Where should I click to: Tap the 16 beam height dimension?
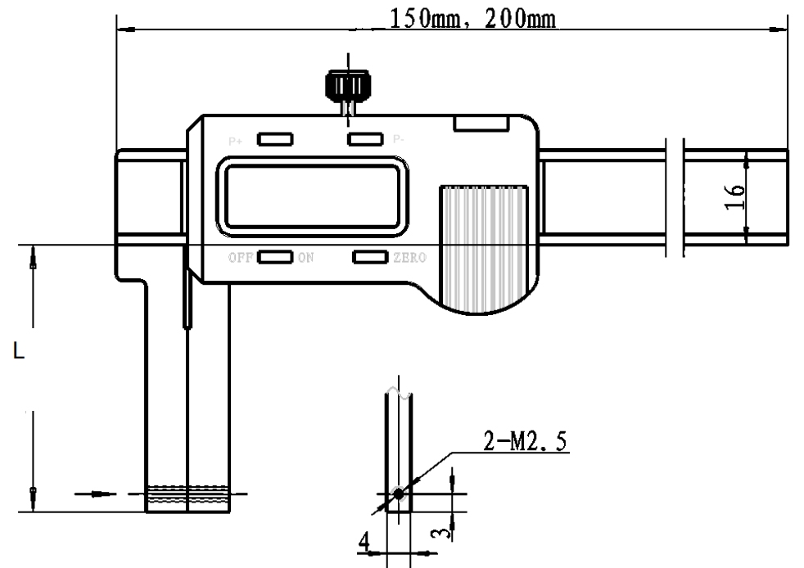pyautogui.click(x=737, y=197)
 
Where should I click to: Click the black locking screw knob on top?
pyautogui.click(x=347, y=85)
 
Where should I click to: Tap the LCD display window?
pyautogui.click(x=312, y=197)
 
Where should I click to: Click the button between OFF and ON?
pyautogui.click(x=275, y=258)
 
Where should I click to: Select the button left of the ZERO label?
pyautogui.click(x=370, y=258)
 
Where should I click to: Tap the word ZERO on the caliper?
pyautogui.click(x=409, y=259)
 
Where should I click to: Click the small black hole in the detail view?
pyautogui.click(x=398, y=494)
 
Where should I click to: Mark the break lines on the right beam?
pyautogui.click(x=675, y=197)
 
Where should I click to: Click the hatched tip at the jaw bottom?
pyautogui.click(x=187, y=494)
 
